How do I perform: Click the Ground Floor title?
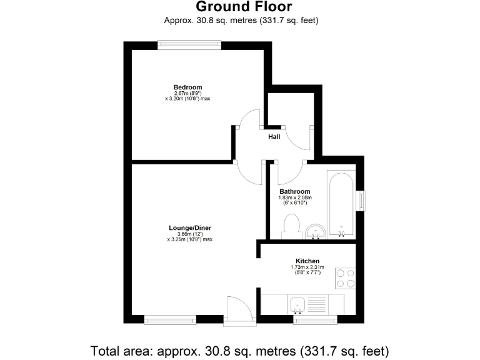point(244,7)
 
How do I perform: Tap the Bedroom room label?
point(187,87)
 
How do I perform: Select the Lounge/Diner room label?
point(189,228)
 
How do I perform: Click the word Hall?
point(274,136)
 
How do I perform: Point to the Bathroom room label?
point(294,191)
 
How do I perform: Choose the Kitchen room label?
point(307,261)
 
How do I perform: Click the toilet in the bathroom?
point(291,226)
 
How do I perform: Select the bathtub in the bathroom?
point(342,203)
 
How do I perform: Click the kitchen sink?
point(298,305)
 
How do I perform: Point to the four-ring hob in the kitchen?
point(346,277)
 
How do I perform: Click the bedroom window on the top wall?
point(189,44)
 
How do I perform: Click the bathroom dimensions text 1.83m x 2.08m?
point(294,198)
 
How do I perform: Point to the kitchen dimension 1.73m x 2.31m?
point(307,267)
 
